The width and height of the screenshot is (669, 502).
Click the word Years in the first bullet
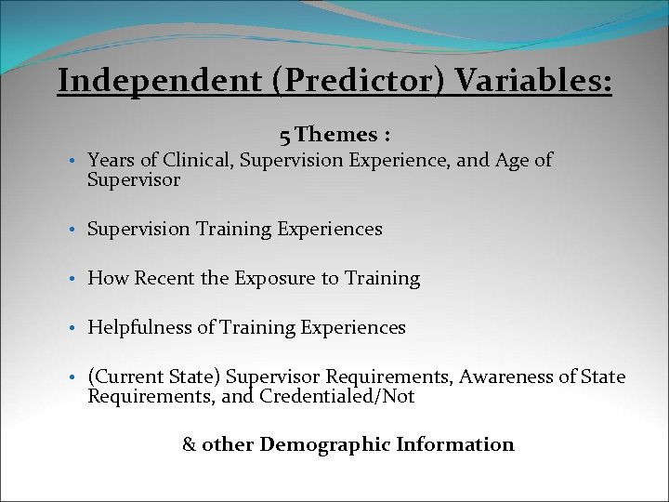point(110,160)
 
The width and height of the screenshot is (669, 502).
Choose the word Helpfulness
point(138,327)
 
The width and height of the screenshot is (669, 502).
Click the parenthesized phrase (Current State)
point(154,376)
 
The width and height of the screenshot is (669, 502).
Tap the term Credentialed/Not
point(337,397)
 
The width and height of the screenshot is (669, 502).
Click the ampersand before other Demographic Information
point(189,444)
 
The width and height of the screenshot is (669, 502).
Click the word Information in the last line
point(455,444)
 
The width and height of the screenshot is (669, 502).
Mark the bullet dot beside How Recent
point(72,279)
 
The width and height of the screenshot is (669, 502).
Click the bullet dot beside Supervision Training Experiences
point(72,230)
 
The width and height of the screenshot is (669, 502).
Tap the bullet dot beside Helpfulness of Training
point(72,328)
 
